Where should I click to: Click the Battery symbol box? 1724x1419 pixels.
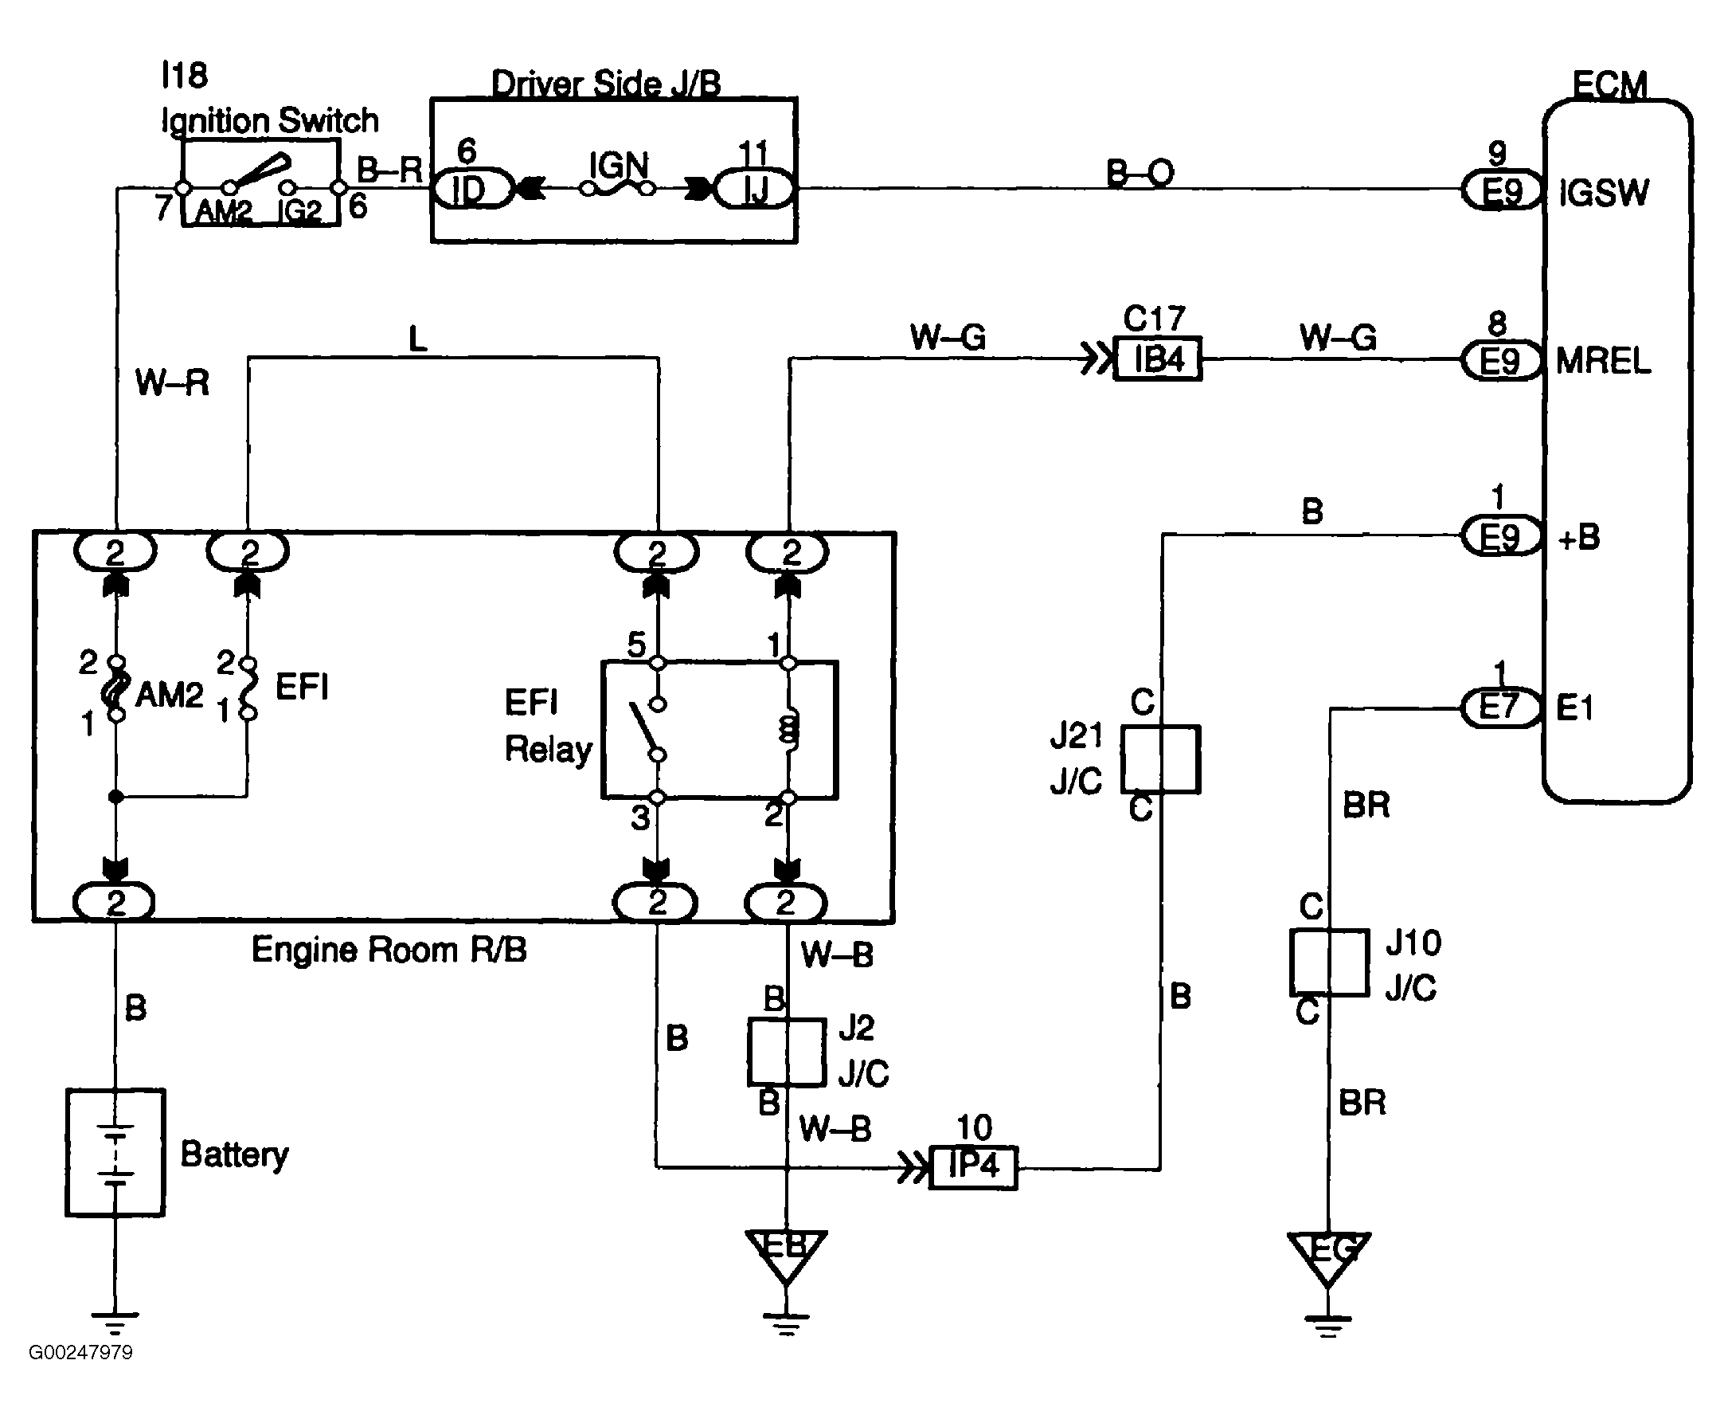pyautogui.click(x=115, y=1153)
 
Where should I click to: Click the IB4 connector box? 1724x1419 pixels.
pyautogui.click(x=1159, y=359)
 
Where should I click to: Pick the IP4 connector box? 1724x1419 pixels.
pyautogui.click(x=974, y=1167)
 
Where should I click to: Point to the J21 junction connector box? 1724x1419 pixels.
pyautogui.click(x=1160, y=759)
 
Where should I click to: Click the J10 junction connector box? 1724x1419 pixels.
pyautogui.click(x=1329, y=962)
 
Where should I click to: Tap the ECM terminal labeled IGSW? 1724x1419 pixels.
pyautogui.click(x=1603, y=194)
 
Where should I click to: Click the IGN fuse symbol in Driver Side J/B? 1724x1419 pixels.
pyautogui.click(x=618, y=189)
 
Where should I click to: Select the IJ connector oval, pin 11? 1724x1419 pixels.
pyautogui.click(x=753, y=190)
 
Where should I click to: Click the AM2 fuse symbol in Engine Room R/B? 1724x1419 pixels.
pyautogui.click(x=116, y=688)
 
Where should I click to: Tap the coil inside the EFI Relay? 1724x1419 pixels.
pyautogui.click(x=788, y=729)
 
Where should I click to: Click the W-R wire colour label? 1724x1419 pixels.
pyautogui.click(x=172, y=382)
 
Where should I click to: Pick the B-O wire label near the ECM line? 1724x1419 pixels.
pyautogui.click(x=1140, y=172)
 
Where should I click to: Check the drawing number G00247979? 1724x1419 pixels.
pyautogui.click(x=81, y=1353)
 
